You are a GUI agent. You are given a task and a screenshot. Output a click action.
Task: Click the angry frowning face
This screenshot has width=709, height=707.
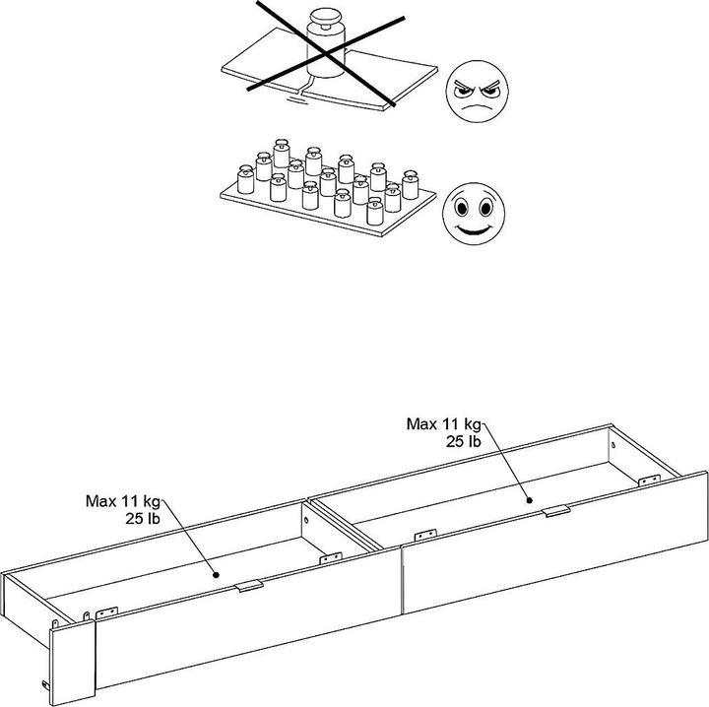pyautogui.click(x=477, y=92)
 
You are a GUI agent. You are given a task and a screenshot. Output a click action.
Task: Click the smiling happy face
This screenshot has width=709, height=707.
pyautogui.click(x=474, y=214)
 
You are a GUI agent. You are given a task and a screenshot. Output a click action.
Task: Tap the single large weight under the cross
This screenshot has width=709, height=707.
pyautogui.click(x=326, y=43)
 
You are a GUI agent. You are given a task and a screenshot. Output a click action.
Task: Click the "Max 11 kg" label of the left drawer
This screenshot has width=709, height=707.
pyautogui.click(x=123, y=501)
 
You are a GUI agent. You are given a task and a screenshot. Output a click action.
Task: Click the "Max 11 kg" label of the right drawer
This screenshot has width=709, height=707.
pyautogui.click(x=443, y=424)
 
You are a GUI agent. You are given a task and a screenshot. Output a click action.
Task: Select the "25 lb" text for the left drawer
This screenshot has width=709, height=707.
pyautogui.click(x=143, y=519)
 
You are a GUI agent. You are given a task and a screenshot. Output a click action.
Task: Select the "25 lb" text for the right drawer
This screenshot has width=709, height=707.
pyautogui.click(x=464, y=441)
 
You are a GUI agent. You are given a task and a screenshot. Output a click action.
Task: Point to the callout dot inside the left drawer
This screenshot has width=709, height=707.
pyautogui.click(x=216, y=575)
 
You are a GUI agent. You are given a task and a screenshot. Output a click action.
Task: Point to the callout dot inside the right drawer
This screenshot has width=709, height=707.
pyautogui.click(x=529, y=500)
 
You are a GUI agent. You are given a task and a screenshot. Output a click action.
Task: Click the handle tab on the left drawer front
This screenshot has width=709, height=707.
pyautogui.click(x=249, y=586)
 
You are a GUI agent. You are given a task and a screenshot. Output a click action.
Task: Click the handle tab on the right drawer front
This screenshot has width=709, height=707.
pyautogui.click(x=556, y=511)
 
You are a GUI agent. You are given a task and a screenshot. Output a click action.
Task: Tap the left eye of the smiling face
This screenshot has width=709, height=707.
pyautogui.click(x=462, y=209)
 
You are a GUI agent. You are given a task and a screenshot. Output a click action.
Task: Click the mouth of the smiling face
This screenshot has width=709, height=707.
pyautogui.click(x=474, y=229)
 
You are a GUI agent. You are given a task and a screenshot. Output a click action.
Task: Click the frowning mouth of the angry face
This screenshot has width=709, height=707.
pyautogui.click(x=477, y=108)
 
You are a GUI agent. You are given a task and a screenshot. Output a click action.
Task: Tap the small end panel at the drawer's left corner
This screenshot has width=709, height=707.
pyautogui.click(x=73, y=663)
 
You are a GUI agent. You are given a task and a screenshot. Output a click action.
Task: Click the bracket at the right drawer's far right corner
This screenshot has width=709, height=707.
pyautogui.click(x=649, y=481)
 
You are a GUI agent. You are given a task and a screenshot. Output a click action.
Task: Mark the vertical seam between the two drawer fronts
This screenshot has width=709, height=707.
pyautogui.click(x=401, y=580)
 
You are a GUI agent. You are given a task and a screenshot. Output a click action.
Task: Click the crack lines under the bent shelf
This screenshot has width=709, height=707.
pyautogui.click(x=299, y=90)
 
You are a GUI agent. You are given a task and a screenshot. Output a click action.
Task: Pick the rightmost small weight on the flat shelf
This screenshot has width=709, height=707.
pyautogui.click(x=410, y=185)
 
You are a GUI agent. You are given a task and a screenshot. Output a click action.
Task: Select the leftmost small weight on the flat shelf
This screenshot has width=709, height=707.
pyautogui.click(x=245, y=179)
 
